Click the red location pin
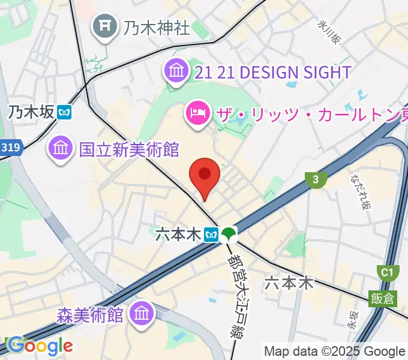(x=204, y=175)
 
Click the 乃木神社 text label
(x=157, y=27)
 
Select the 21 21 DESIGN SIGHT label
(x=273, y=73)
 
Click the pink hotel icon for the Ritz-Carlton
(x=197, y=112)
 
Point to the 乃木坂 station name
(x=31, y=112)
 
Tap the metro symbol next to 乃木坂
(x=65, y=112)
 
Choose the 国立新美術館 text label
(x=129, y=148)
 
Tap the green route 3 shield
(x=315, y=179)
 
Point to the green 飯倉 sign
(x=382, y=298)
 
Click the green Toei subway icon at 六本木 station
(x=228, y=234)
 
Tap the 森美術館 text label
(x=90, y=314)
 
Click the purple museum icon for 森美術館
(x=143, y=313)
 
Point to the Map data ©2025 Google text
(x=334, y=351)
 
